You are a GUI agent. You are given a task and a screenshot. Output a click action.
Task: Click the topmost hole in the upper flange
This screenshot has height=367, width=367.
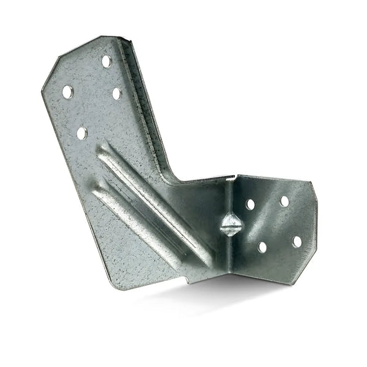(107, 61)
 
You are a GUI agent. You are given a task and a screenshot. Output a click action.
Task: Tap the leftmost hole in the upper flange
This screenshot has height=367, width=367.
(67, 91)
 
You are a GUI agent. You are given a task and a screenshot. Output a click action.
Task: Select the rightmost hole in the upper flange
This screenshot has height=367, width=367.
(116, 93)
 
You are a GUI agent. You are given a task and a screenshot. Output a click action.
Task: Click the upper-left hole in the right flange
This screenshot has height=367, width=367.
(250, 205)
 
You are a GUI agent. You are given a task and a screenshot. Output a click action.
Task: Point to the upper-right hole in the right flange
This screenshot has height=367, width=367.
(284, 202)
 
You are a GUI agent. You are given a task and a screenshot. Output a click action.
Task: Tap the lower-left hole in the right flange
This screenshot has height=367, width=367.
(262, 247)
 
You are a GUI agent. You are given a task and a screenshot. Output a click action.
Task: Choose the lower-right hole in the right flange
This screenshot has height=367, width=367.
(297, 242)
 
